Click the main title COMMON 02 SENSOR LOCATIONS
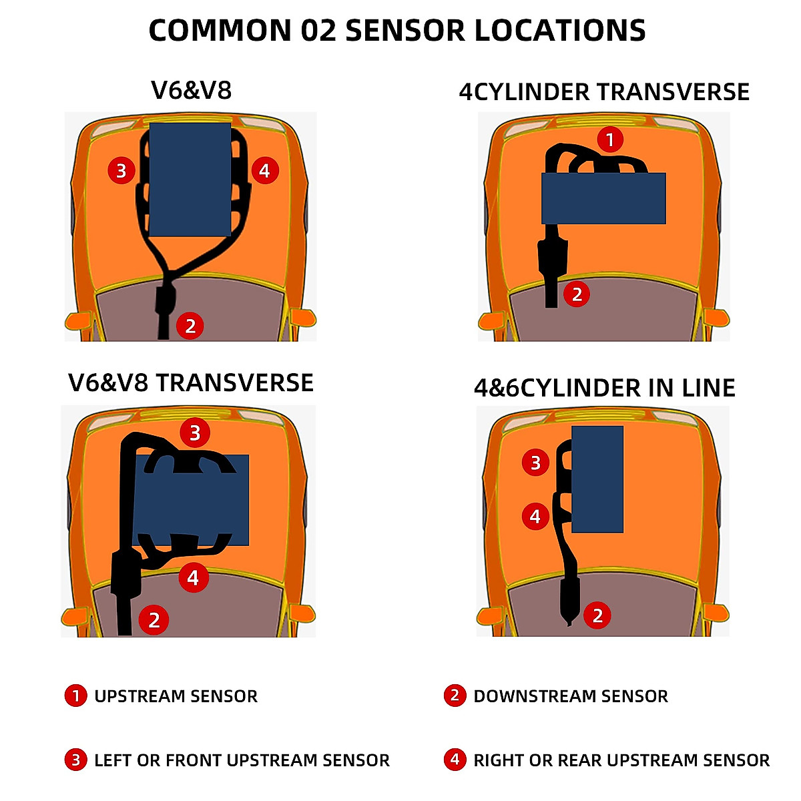[397, 31]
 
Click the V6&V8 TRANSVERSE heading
[191, 383]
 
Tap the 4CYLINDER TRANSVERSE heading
[604, 92]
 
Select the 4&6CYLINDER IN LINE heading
[604, 388]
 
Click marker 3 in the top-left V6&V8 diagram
[121, 171]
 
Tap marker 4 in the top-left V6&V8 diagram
[265, 171]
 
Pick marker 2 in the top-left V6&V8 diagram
[190, 326]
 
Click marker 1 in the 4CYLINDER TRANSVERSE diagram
[609, 140]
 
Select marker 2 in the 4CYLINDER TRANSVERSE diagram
[577, 294]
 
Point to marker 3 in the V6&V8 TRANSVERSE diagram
[195, 433]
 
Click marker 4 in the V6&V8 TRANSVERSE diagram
[193, 577]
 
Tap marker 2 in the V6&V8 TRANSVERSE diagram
[154, 620]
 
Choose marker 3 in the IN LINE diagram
[535, 463]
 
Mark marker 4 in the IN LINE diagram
[535, 517]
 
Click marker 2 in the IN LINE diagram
[597, 615]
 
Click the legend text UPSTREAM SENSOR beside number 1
[176, 696]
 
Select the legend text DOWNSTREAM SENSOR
[571, 696]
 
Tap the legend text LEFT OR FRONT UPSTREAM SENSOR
[242, 760]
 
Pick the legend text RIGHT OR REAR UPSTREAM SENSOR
[621, 760]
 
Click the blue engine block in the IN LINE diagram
[597, 479]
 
